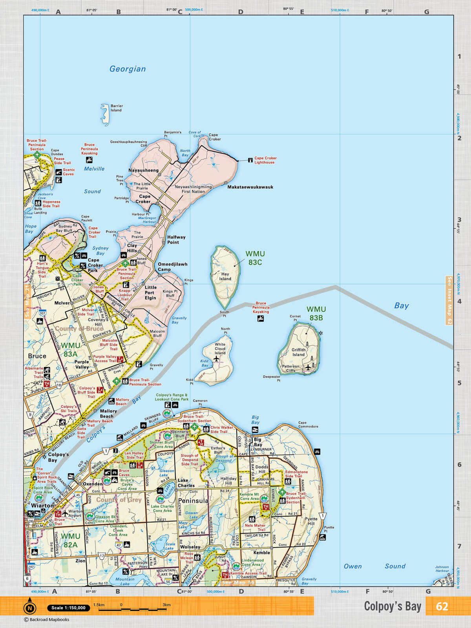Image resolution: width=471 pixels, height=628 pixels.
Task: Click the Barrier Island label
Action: pos(116,108)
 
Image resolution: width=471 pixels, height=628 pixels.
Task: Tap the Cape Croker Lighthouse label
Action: pos(265,160)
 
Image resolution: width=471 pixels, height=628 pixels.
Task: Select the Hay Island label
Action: pos(225,276)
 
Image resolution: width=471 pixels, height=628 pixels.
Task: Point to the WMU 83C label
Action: pos(255,258)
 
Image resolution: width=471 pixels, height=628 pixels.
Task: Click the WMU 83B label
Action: pos(316,313)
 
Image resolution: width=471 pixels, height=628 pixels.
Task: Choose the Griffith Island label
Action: pos(298,352)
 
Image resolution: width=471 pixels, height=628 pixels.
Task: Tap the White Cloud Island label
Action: pos(220,349)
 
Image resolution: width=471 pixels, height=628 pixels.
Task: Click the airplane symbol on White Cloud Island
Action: pos(216,359)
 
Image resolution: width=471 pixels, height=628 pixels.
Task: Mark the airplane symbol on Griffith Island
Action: pos(308,367)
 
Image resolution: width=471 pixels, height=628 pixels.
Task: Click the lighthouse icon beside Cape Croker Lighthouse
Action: pos(250,160)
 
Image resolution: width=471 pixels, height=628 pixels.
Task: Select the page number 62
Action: pos(442,606)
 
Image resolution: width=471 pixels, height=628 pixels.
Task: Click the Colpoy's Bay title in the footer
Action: pos(392,606)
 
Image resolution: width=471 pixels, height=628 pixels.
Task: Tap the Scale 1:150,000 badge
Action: pos(68,608)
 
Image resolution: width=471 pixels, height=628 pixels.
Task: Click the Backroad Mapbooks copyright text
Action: pos(47,620)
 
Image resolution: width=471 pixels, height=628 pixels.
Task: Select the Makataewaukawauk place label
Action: pos(250,187)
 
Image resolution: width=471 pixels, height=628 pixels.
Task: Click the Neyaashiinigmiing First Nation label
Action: pos(193,189)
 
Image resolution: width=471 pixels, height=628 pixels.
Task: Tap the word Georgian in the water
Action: pos(128,69)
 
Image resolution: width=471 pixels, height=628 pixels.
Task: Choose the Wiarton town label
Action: pos(42,506)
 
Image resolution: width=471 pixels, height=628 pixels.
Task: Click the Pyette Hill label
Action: pos(311,521)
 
